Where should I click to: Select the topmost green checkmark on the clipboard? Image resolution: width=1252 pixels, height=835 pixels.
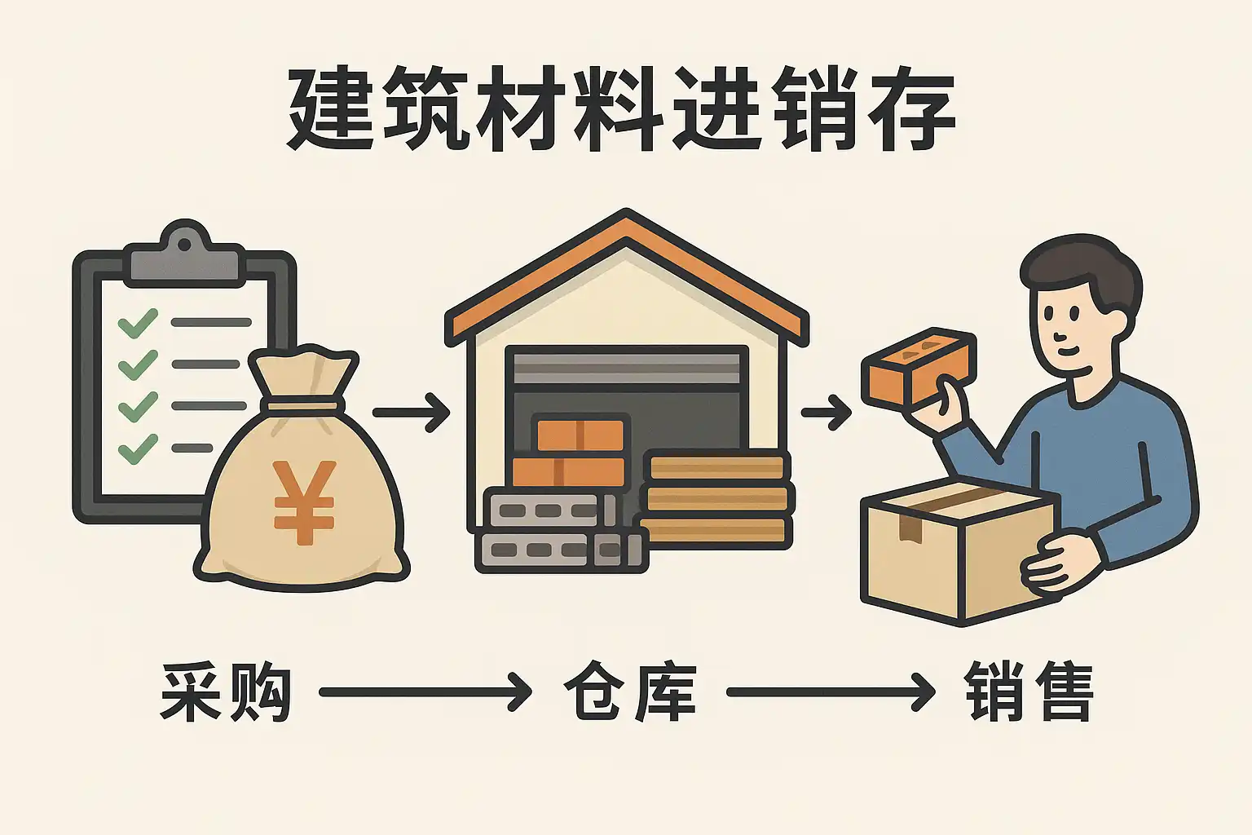click(x=138, y=323)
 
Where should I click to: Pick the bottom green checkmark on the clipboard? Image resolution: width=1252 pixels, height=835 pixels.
click(x=138, y=448)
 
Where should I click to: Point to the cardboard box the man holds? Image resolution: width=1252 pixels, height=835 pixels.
click(x=960, y=553)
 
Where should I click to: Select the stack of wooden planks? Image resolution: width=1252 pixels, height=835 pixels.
click(x=717, y=499)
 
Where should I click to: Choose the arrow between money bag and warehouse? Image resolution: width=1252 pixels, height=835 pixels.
click(x=411, y=413)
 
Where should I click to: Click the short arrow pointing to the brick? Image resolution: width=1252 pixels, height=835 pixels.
click(x=827, y=413)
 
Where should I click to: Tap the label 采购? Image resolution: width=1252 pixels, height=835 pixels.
click(x=226, y=692)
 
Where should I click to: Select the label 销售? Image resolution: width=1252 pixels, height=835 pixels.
click(x=1029, y=692)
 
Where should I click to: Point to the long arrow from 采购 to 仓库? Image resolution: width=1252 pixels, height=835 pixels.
click(x=425, y=692)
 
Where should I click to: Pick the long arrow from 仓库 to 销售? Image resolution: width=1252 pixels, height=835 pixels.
click(x=831, y=692)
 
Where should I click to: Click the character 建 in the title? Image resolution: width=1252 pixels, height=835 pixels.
click(x=330, y=109)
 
